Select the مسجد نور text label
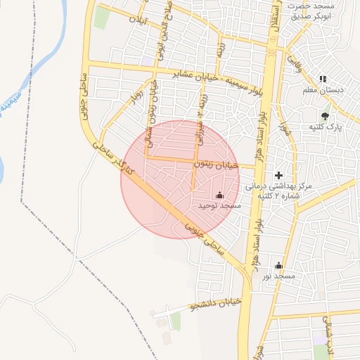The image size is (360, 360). click(x=278, y=276)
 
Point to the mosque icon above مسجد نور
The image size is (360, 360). click(x=278, y=265)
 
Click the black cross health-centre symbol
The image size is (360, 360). click(x=278, y=174)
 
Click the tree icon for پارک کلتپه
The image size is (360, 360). click(x=324, y=115)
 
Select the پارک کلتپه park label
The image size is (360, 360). click(x=325, y=127)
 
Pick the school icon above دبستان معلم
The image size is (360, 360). click(x=323, y=79)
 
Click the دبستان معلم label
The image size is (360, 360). click(x=323, y=90)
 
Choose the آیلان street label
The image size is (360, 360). click(x=138, y=20)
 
